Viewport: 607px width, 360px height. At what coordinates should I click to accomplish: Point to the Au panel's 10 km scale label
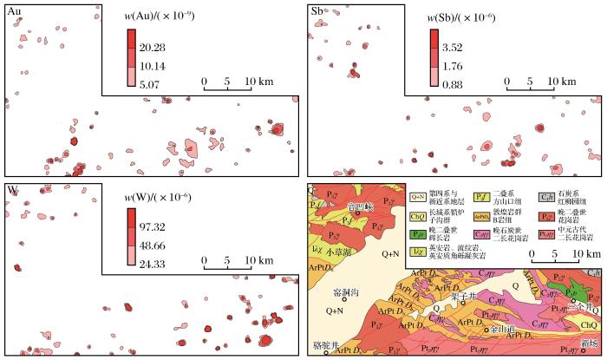click(x=255, y=81)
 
